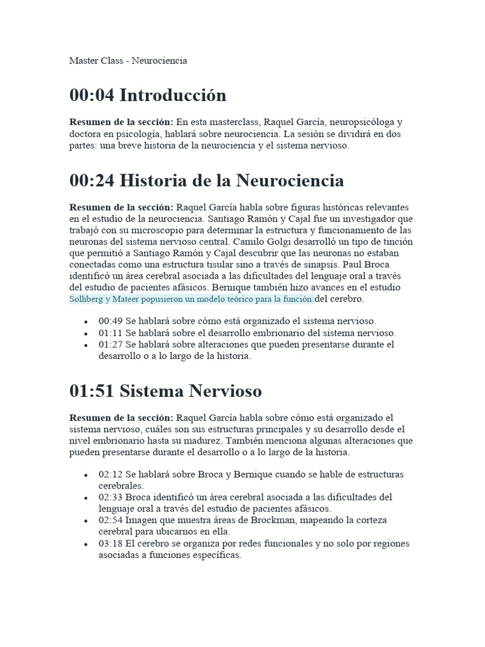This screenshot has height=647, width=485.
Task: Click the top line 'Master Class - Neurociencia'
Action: (128, 61)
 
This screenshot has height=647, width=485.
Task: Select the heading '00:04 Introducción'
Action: (148, 95)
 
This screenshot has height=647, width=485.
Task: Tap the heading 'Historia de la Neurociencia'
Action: (231, 181)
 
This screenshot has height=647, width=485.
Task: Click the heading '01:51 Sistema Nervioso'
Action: (165, 391)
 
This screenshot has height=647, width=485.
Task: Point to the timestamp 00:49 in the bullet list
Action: (110, 321)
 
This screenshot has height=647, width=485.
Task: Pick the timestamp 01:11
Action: (110, 332)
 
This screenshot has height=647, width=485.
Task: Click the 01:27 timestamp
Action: (110, 344)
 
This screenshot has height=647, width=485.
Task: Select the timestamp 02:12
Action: (110, 474)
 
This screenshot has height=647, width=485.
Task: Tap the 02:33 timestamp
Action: (110, 497)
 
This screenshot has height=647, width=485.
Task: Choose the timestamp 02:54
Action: (110, 520)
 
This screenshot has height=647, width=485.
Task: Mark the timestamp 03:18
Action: (110, 543)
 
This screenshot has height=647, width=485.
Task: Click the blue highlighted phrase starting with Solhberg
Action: (192, 299)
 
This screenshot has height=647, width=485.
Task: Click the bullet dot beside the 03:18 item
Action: (85, 545)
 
